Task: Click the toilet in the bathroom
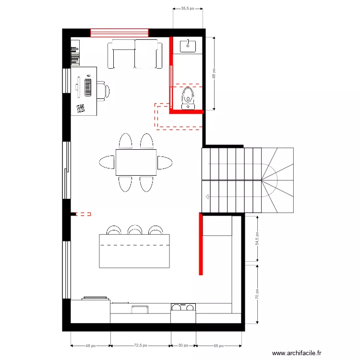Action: [x=188, y=96]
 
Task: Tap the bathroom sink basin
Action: [x=188, y=47]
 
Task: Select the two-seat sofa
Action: [x=134, y=54]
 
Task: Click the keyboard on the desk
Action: [x=88, y=87]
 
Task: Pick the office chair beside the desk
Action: [x=103, y=90]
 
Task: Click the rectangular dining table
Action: [x=136, y=162]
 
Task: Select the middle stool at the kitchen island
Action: [x=135, y=230]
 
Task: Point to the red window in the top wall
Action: [x=120, y=33]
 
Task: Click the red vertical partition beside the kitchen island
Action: [x=201, y=244]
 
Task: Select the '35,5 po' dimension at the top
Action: [x=188, y=9]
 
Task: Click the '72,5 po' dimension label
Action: [x=141, y=346]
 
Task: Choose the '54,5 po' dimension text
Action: [x=257, y=239]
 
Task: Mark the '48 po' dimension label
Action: [x=91, y=346]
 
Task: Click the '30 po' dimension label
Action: [x=183, y=346]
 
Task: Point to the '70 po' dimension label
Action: [x=257, y=293]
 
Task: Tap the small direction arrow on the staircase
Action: [x=207, y=196]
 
